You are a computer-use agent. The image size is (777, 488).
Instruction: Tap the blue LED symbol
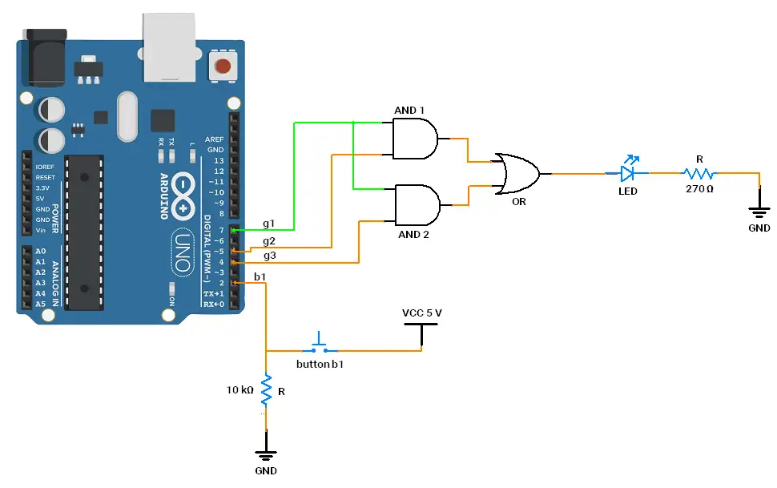point(630,172)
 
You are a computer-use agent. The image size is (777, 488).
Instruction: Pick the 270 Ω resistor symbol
point(698,173)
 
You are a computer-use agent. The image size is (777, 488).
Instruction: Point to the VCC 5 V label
point(421,313)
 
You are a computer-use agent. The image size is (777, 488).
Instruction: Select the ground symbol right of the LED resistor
point(758,211)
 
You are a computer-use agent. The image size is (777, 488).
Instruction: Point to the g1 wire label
point(268,223)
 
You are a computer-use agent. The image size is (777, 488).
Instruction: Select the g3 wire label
point(269,256)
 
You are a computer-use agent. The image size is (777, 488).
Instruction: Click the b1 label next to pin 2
point(260,276)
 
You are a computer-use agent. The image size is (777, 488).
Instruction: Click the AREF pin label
point(215,139)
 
